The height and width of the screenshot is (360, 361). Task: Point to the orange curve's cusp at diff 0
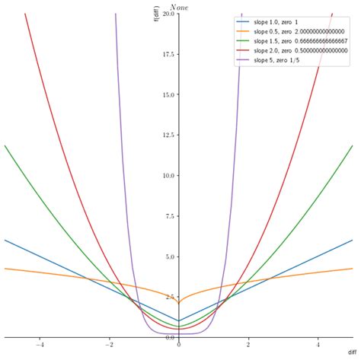pyautogui.click(x=179, y=304)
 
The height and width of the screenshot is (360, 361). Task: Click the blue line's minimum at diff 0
pyautogui.click(x=179, y=320)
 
